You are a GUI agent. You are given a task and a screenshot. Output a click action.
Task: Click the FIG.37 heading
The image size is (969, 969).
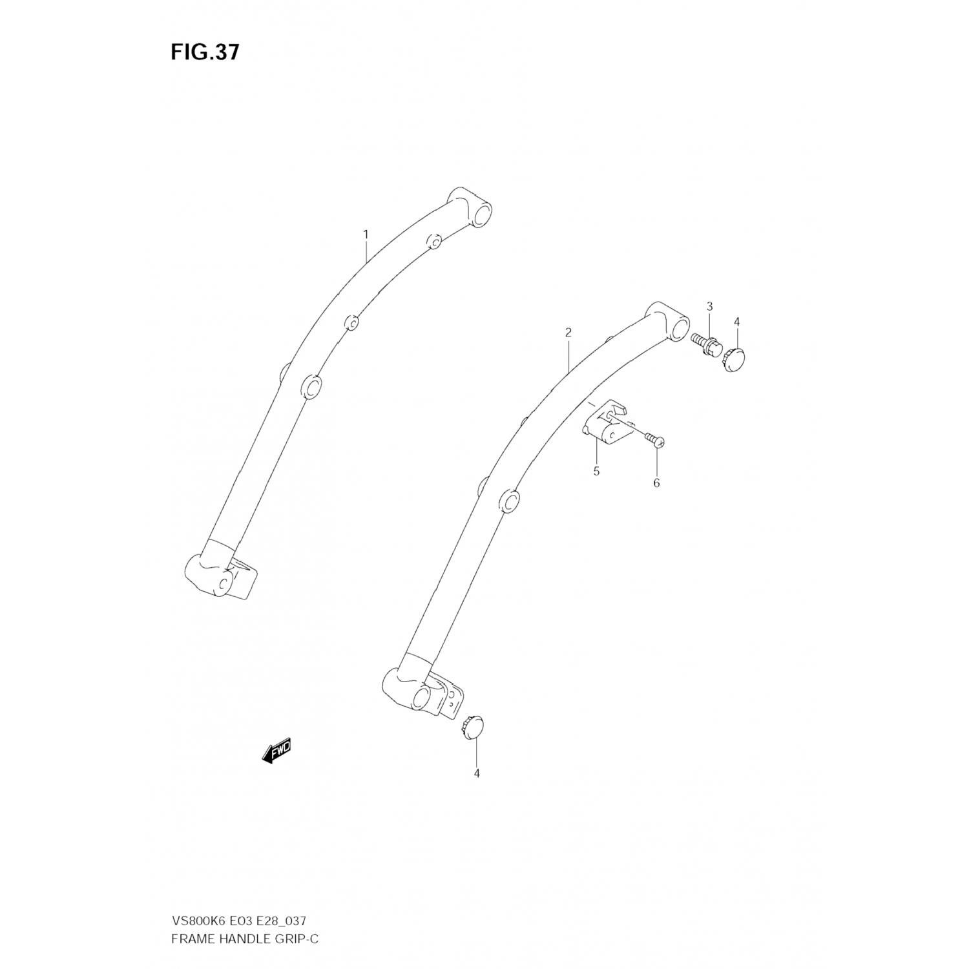pyautogui.click(x=205, y=52)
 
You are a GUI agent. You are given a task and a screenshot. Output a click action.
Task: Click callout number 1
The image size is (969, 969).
pyautogui.click(x=366, y=234)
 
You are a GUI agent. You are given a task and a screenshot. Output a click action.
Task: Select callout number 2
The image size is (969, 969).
pyautogui.click(x=568, y=333)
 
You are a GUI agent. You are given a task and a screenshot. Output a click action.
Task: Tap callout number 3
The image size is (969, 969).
pyautogui.click(x=709, y=306)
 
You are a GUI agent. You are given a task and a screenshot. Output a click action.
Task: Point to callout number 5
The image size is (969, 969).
pyautogui.click(x=596, y=472)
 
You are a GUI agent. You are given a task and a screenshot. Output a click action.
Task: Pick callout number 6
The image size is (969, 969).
pyautogui.click(x=656, y=483)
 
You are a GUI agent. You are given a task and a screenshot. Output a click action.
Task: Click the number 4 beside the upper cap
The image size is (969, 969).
pyautogui.click(x=737, y=322)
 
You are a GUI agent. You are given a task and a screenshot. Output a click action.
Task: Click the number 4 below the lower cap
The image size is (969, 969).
pyautogui.click(x=477, y=773)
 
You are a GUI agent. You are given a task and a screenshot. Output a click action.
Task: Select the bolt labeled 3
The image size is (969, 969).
pyautogui.click(x=705, y=344)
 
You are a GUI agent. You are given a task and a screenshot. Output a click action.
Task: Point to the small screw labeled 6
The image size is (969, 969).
pyautogui.click(x=654, y=440)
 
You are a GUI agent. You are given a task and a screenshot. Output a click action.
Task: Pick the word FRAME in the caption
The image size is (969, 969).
pyautogui.click(x=191, y=938)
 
